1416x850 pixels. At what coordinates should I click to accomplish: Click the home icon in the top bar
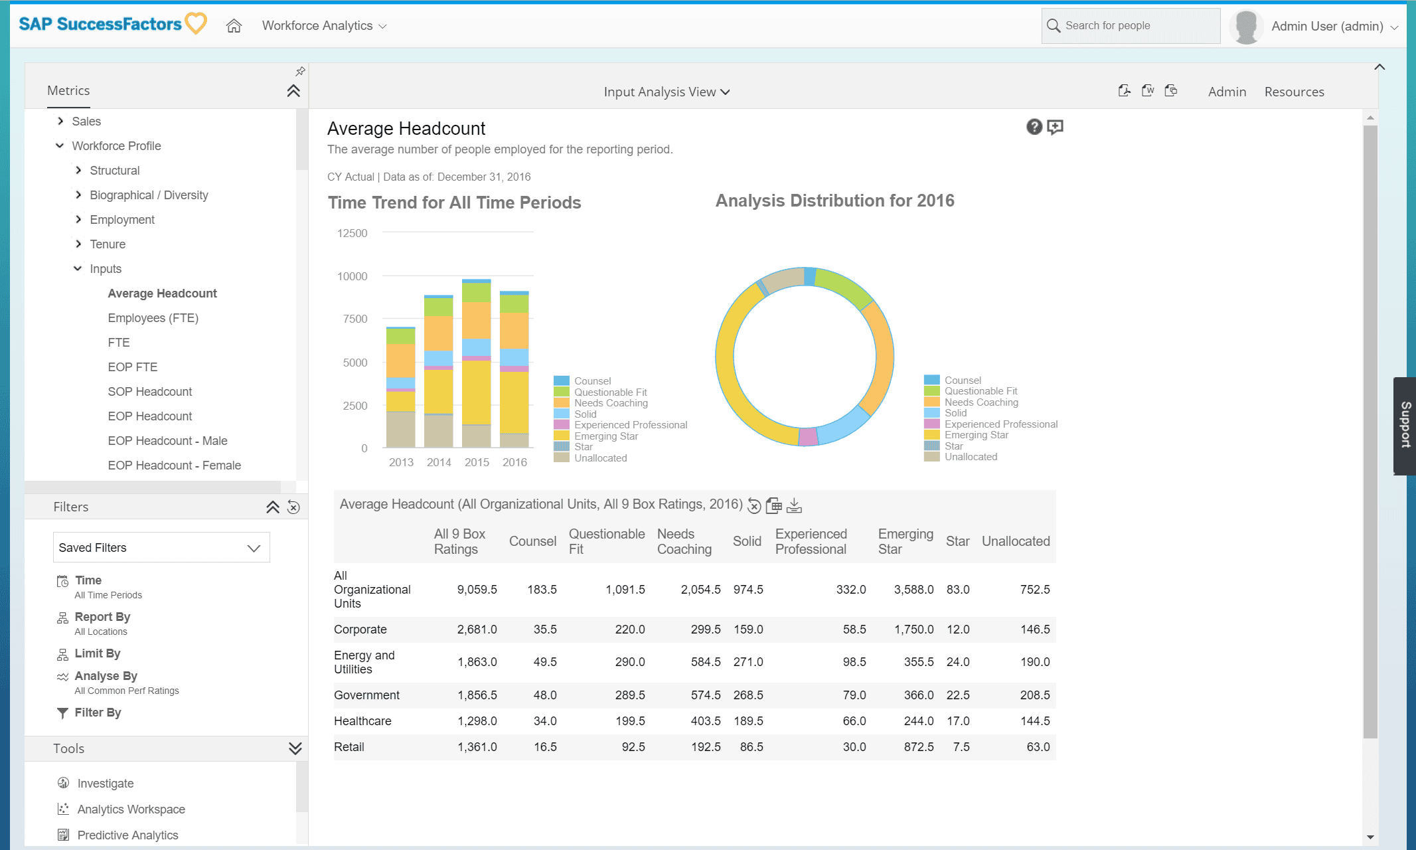tap(234, 26)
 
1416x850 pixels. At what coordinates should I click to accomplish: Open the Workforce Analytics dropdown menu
tap(324, 26)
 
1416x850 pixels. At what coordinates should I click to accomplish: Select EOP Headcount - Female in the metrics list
tap(175, 466)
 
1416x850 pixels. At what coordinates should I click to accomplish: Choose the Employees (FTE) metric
tap(153, 318)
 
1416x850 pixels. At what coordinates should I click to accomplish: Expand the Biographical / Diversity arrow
tap(78, 195)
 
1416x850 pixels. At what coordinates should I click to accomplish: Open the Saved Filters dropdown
tap(161, 547)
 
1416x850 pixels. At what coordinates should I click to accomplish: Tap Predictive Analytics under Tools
tap(127, 835)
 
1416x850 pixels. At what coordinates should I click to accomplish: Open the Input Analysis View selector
tap(667, 92)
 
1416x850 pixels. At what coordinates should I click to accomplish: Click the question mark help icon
tap(1034, 127)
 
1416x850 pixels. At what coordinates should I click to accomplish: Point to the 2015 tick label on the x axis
tap(477, 462)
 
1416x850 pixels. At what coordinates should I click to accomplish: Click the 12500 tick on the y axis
tap(352, 233)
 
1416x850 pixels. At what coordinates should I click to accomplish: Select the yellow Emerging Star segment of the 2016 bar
tap(514, 402)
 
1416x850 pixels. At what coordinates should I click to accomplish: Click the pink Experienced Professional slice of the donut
tap(808, 436)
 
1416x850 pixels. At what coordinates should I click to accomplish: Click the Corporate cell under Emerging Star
tap(913, 630)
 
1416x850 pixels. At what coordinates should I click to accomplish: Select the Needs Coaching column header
tap(684, 541)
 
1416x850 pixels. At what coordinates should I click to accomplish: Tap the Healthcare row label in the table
tap(362, 721)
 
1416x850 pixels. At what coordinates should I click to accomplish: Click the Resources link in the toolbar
tap(1294, 92)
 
